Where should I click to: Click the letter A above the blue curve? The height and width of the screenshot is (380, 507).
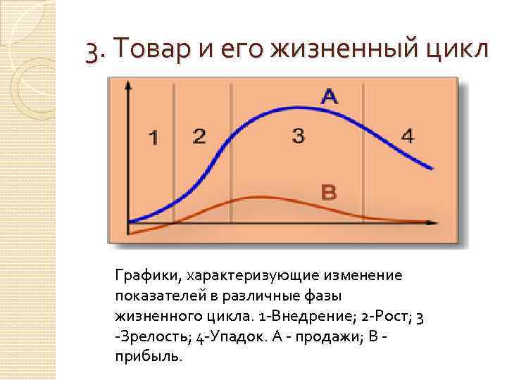coord(329,97)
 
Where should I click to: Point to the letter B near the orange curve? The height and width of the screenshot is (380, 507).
coord(328,191)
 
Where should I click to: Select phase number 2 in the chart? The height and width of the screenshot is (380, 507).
coord(199,136)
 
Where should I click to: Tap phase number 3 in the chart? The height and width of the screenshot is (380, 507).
coord(298,136)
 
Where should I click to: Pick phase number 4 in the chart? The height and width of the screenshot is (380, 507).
coord(408,136)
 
